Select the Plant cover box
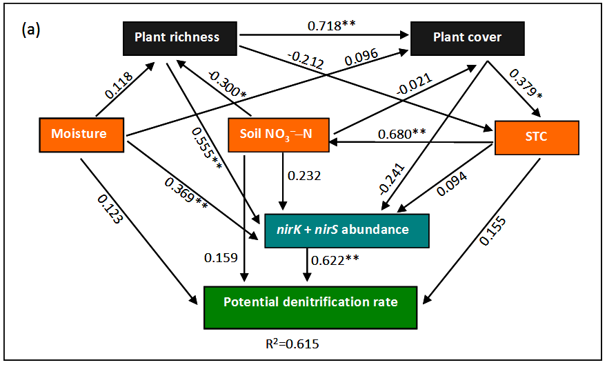[468, 37]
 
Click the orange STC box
[536, 136]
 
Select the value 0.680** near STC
[405, 132]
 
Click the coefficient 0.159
[221, 258]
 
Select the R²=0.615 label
[285, 343]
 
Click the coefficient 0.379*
[521, 85]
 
